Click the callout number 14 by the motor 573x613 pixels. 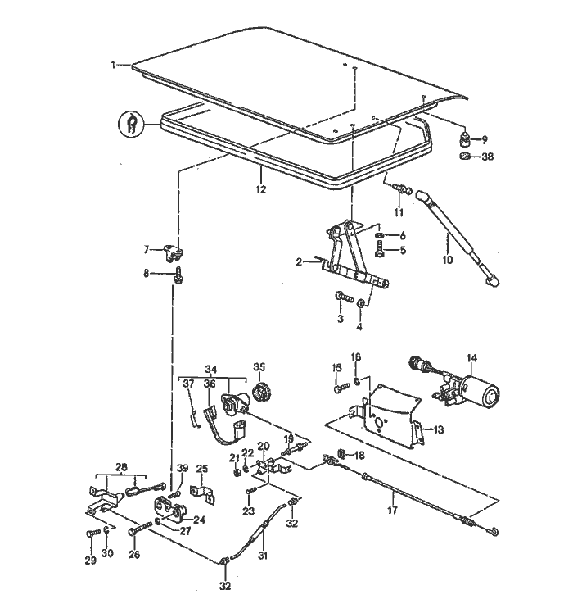point(470,357)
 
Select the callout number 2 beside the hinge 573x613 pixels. point(300,261)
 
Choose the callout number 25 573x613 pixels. point(202,469)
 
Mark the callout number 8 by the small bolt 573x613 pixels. point(147,274)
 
